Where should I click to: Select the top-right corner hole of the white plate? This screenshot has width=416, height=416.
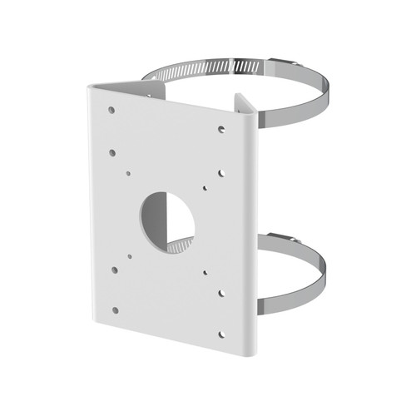pos(221,128)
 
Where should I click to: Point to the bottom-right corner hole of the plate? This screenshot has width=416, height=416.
pos(221,334)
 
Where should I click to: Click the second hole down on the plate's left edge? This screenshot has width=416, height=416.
pos(111,152)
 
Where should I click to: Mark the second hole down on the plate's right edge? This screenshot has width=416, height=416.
pos(221,173)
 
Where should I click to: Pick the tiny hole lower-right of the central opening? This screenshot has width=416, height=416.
pos(204,272)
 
